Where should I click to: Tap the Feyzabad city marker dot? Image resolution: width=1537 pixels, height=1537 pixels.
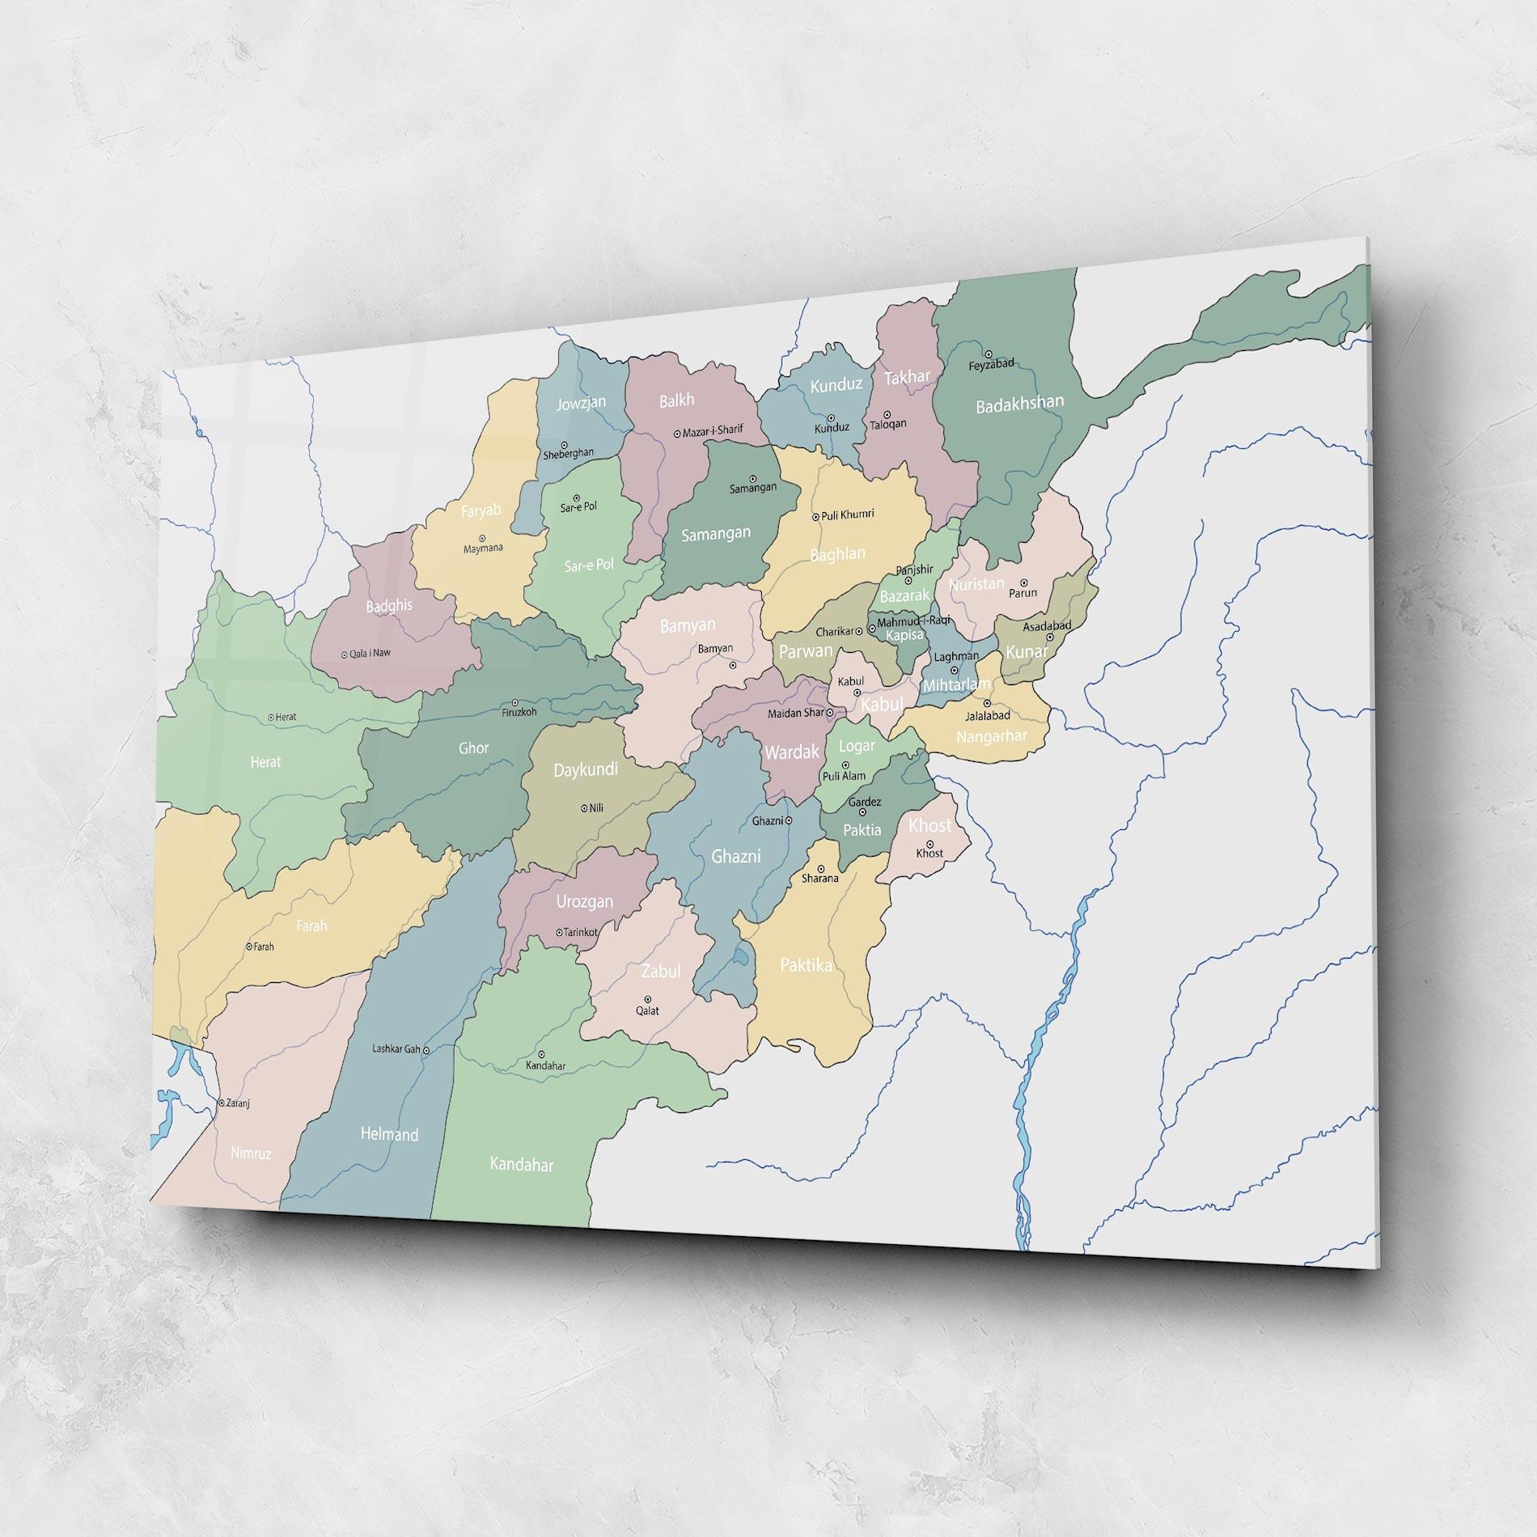pyautogui.click(x=988, y=354)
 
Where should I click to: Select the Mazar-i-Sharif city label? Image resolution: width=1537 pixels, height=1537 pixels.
pyautogui.click(x=713, y=431)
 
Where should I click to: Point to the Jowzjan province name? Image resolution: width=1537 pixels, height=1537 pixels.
pyautogui.click(x=581, y=402)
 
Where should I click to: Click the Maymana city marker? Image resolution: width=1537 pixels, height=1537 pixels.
pyautogui.click(x=482, y=538)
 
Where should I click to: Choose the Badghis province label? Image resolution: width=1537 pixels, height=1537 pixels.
pyautogui.click(x=389, y=606)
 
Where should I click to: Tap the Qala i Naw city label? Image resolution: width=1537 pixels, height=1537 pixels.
pyautogui.click(x=370, y=654)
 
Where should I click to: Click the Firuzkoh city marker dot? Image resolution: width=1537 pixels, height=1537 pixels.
pyautogui.click(x=515, y=702)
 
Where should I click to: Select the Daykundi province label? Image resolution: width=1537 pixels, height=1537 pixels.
pyautogui.click(x=586, y=769)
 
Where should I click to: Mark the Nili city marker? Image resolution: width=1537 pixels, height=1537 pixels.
pyautogui.click(x=584, y=807)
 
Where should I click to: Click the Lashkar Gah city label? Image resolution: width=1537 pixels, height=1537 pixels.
pyautogui.click(x=396, y=1049)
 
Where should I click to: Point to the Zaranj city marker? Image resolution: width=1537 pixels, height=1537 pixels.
pyautogui.click(x=221, y=1103)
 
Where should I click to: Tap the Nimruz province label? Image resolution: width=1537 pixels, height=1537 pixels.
pyautogui.click(x=251, y=1154)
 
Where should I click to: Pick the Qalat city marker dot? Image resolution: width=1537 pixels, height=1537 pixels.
pyautogui.click(x=647, y=999)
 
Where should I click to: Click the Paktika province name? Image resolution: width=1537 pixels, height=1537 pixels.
pyautogui.click(x=806, y=965)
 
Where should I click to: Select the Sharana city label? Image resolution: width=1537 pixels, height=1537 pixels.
pyautogui.click(x=819, y=878)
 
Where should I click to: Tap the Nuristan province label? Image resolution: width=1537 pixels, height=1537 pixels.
pyautogui.click(x=976, y=584)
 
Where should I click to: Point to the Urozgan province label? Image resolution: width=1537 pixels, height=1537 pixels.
pyautogui.click(x=585, y=901)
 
